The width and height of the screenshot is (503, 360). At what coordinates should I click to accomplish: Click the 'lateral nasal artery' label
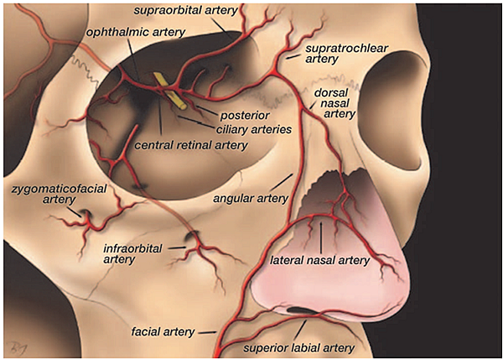(319, 261)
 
